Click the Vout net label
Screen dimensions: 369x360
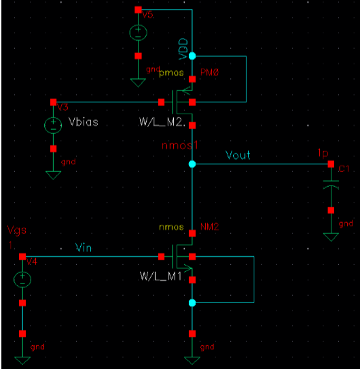238,155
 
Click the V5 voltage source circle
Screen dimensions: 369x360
138,33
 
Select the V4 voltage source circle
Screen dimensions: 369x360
22,279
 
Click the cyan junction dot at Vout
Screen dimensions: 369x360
192,164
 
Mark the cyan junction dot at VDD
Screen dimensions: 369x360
192,56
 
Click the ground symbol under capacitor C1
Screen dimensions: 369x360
331,236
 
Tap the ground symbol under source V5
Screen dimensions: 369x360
138,82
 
